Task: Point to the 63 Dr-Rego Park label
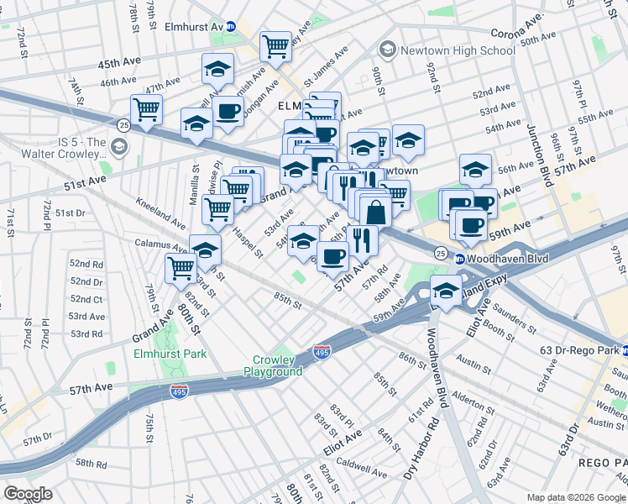tap(580, 349)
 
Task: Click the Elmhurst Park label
tap(170, 354)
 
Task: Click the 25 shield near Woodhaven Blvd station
tap(440, 252)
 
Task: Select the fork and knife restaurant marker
tap(362, 239)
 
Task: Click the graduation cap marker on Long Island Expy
tap(446, 291)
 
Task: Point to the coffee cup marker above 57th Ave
tap(333, 255)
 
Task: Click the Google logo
tap(29, 493)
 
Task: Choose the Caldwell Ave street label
tap(359, 463)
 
